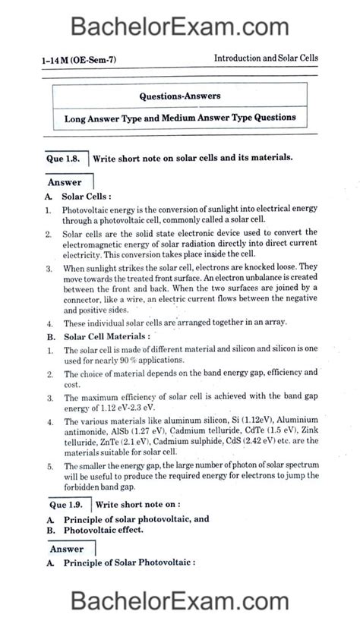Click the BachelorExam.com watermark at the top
(x=180, y=28)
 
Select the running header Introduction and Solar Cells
(x=266, y=58)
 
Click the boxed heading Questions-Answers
(x=179, y=96)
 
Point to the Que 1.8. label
(x=67, y=158)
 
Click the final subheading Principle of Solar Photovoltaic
(x=129, y=562)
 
